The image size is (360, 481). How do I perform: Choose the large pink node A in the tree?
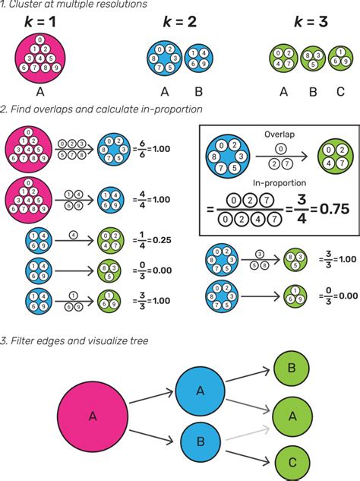click(x=93, y=416)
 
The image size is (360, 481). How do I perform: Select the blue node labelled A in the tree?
click(x=201, y=390)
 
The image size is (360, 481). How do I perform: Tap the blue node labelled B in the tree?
click(x=201, y=441)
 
